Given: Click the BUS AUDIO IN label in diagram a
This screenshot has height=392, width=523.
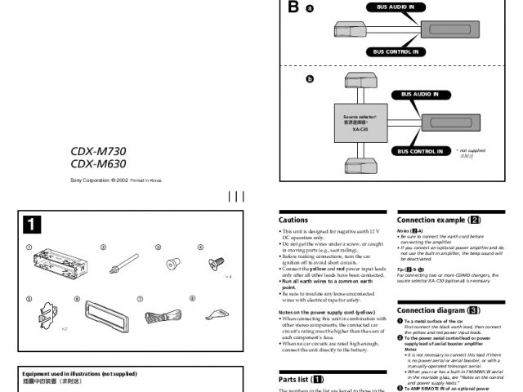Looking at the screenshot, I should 395,7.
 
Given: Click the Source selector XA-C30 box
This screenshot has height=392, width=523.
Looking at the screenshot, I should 360,123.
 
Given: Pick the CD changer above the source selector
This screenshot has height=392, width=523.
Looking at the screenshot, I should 360,81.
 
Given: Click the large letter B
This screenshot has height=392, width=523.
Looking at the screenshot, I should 293,8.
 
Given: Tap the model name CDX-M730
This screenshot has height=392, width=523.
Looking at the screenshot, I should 98,151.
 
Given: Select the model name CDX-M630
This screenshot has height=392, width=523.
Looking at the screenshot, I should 98,163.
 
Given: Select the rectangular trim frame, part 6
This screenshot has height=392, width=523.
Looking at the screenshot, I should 101,314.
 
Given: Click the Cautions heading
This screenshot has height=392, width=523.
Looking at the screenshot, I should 293,220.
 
